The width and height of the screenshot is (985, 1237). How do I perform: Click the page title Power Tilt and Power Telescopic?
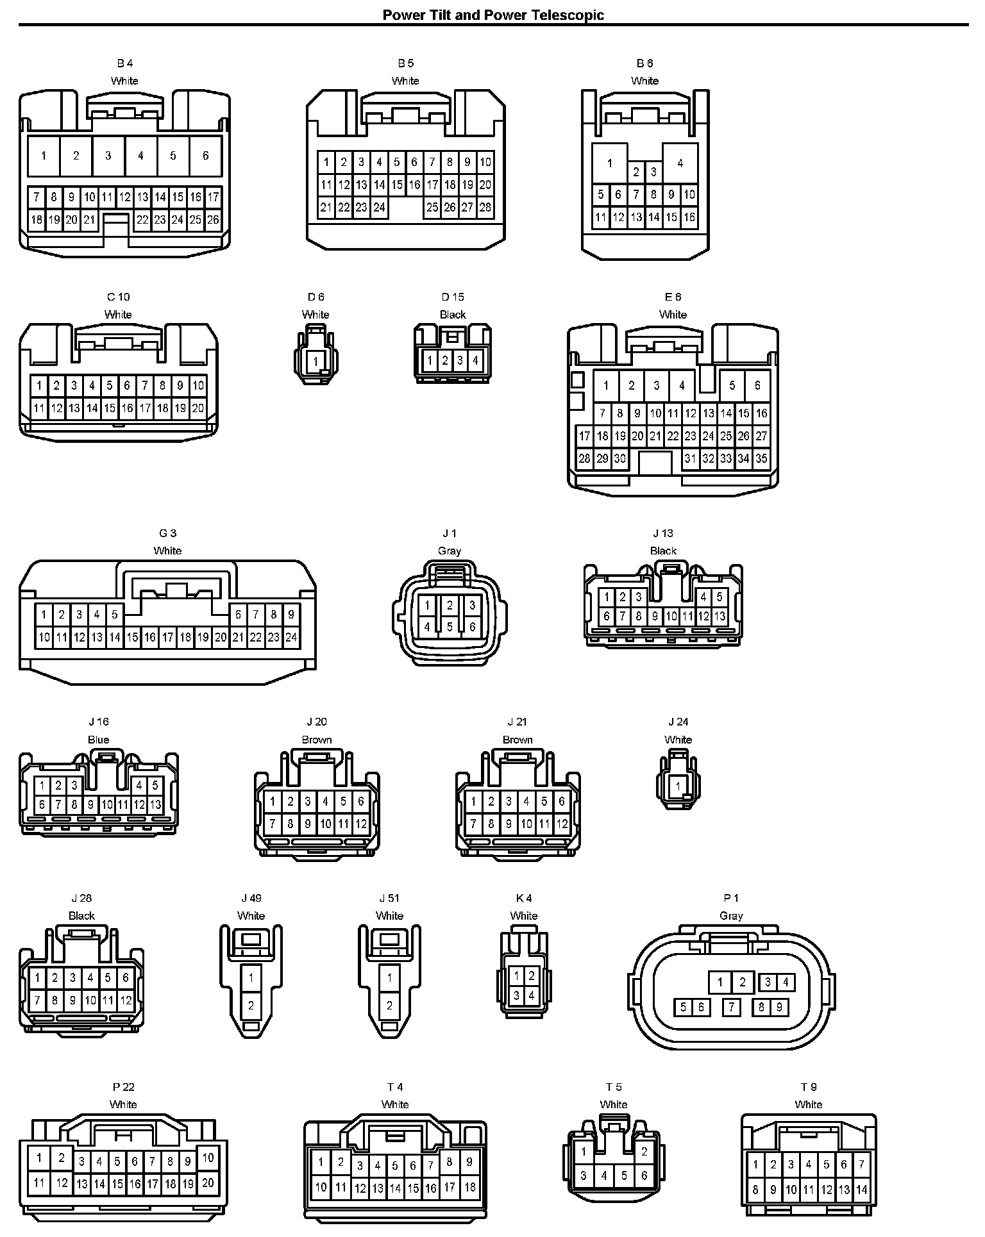[x=492, y=15]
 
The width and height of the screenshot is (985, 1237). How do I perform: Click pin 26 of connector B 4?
[x=213, y=220]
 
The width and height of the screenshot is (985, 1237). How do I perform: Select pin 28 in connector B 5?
[x=485, y=207]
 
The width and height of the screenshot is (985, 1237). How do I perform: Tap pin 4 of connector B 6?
[x=680, y=163]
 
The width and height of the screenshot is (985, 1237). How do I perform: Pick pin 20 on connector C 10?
[x=198, y=408]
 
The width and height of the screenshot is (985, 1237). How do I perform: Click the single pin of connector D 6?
[x=316, y=362]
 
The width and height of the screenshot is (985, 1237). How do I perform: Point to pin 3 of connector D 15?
[x=460, y=360]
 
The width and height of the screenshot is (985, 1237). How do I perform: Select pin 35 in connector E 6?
[x=761, y=459]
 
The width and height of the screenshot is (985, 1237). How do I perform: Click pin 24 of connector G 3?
[x=291, y=638]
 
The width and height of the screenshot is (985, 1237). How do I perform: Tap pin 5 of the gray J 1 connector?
[x=450, y=627]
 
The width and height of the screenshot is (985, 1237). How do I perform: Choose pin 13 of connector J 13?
[x=720, y=617]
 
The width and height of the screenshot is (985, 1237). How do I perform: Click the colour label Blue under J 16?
[x=98, y=740]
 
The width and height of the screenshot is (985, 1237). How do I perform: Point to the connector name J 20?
[x=317, y=722]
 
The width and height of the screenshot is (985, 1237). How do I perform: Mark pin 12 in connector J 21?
[x=562, y=824]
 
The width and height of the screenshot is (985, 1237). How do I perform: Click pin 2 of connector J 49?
[x=251, y=1006]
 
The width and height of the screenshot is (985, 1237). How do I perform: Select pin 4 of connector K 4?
[x=532, y=996]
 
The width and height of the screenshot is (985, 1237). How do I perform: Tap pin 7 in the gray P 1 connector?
[x=731, y=1008]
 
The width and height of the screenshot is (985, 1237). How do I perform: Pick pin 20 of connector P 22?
[x=208, y=1183]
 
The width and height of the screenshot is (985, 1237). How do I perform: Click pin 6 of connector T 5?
[x=644, y=1176]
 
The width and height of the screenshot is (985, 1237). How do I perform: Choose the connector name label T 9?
[x=808, y=1087]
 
